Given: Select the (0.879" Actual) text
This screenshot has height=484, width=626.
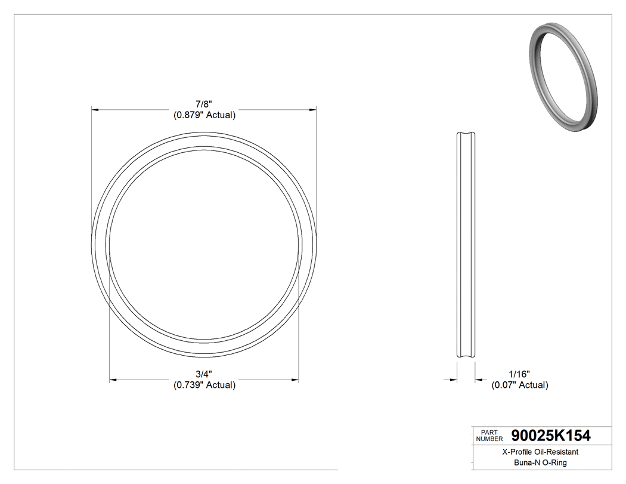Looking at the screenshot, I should [204, 116].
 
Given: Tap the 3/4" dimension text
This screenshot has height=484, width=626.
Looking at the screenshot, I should [204, 374].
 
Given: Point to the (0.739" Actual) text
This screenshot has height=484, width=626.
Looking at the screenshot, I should [204, 385].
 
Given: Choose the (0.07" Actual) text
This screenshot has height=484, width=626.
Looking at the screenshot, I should [519, 385].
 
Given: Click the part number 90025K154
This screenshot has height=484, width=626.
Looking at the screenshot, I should [551, 436].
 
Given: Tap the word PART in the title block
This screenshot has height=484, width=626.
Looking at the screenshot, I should [489, 431].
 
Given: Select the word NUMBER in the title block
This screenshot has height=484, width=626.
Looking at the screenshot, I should [489, 439].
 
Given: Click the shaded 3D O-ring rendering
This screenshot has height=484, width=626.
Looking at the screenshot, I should [563, 78].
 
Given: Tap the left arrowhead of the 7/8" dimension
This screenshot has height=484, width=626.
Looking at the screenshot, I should [95, 110].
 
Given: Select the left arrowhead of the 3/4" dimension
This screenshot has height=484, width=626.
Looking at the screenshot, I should [113, 379].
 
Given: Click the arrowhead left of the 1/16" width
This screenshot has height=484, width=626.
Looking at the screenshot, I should [453, 379].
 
